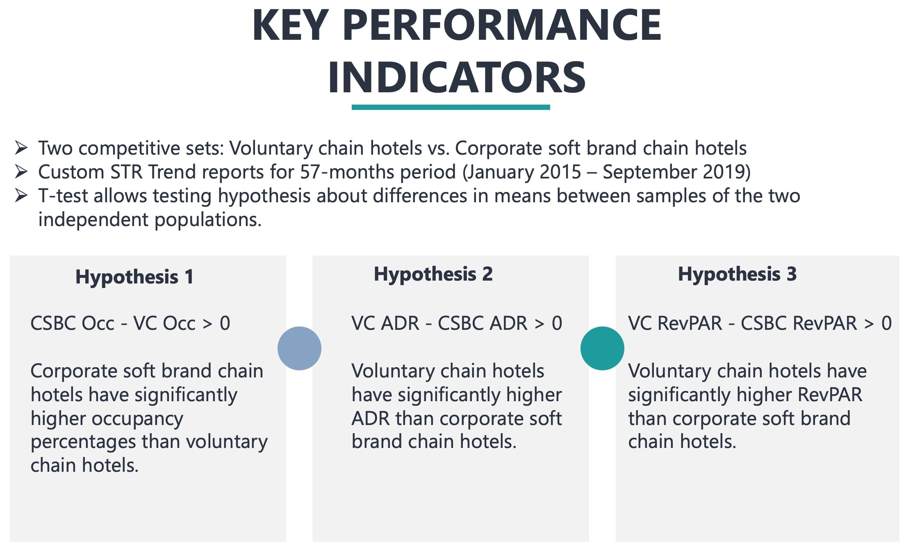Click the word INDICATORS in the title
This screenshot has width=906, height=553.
coord(456,77)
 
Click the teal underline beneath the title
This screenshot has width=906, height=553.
coord(451,107)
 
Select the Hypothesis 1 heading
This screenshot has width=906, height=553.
coord(134,277)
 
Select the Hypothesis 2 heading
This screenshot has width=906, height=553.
coord(433,274)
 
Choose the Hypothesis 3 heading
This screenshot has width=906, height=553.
coord(737,274)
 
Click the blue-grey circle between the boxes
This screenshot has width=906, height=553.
coord(299,348)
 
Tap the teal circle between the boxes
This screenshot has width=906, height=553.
coord(602,348)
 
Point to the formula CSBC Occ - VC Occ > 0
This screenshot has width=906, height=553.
coord(130,323)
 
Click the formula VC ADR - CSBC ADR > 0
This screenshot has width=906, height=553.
coord(456,323)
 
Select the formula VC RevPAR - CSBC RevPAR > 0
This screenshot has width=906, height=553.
coord(759,323)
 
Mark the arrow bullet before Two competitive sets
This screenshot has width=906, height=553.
coord(21,148)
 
